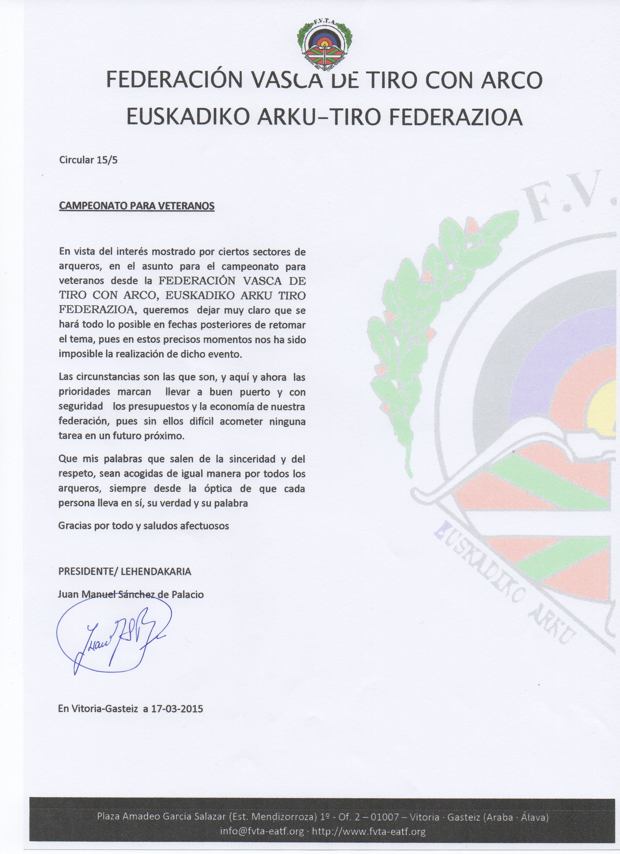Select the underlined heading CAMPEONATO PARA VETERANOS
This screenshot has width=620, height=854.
(x=137, y=206)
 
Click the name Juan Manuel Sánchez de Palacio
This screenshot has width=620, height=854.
(x=131, y=594)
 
